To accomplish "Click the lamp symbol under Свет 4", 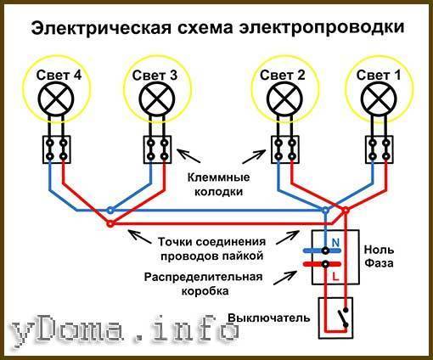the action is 56,99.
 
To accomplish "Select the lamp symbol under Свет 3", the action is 157,99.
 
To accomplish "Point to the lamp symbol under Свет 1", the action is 380,99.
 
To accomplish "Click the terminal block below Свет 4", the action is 57,149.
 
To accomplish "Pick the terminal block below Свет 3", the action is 157,149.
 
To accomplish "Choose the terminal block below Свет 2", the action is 285,149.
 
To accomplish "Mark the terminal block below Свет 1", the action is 380,149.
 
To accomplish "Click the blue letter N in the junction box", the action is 335,243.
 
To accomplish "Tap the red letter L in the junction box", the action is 335,277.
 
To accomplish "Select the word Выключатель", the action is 269,318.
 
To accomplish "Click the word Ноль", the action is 379,250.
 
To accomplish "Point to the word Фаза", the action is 379,263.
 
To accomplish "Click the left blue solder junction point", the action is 110,211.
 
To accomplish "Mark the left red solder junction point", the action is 110,223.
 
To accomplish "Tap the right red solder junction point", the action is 346,211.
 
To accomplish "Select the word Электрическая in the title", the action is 102,28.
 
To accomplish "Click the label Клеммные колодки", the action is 218,184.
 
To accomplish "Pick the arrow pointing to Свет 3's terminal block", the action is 188,155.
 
